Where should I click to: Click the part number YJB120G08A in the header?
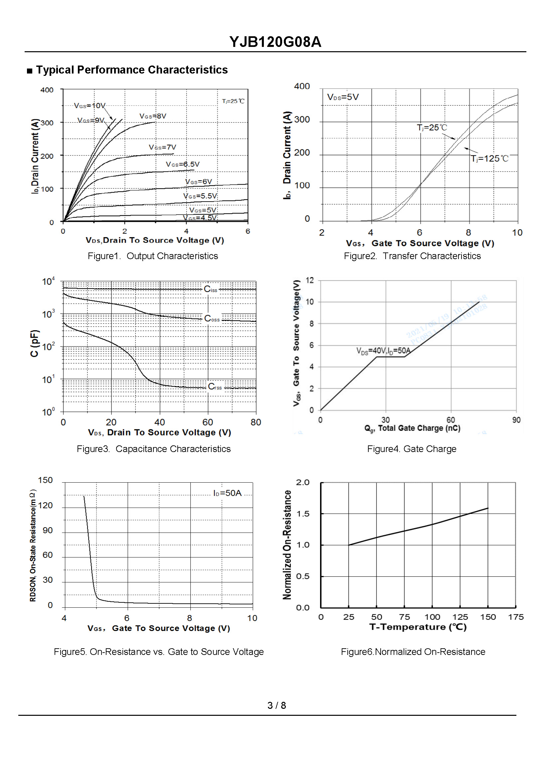click(x=275, y=42)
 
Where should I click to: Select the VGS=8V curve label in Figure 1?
click(x=153, y=116)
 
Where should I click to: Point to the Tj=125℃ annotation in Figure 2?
click(x=489, y=159)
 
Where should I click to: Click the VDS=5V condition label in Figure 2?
click(x=343, y=97)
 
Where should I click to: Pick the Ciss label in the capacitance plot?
click(x=210, y=289)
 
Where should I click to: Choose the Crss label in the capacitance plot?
click(x=215, y=387)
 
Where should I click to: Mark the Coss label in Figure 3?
click(x=212, y=319)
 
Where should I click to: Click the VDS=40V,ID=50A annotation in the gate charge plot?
click(x=383, y=351)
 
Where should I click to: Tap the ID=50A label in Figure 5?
click(x=227, y=493)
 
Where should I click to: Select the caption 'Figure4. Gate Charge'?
click(x=412, y=449)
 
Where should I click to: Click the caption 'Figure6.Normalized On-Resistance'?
click(x=413, y=652)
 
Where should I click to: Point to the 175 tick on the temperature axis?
click(x=515, y=617)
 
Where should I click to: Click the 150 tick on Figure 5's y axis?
click(x=46, y=480)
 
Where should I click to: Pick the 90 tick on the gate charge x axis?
click(x=516, y=420)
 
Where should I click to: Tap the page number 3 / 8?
click(x=276, y=706)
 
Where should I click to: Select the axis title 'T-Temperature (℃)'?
click(x=418, y=627)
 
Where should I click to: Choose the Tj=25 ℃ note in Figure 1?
click(x=233, y=101)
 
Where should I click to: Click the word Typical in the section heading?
click(x=55, y=70)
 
